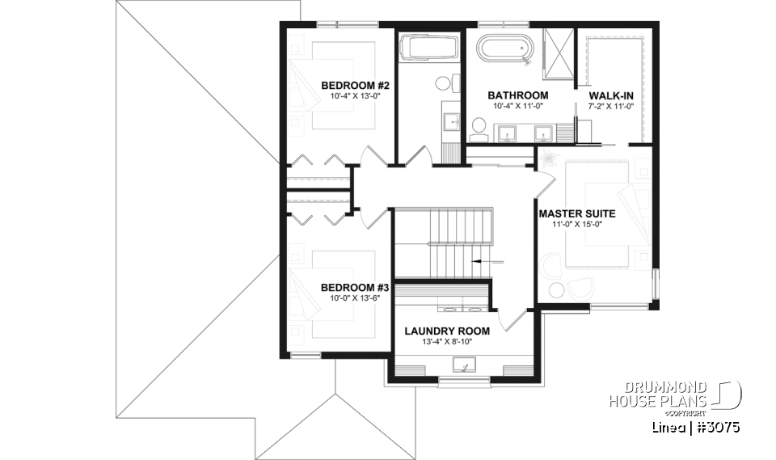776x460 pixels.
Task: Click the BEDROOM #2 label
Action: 356,86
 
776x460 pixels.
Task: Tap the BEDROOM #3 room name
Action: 356,287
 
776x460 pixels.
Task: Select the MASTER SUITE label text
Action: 577,214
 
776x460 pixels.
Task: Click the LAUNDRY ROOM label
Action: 447,331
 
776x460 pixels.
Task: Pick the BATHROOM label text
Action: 520,95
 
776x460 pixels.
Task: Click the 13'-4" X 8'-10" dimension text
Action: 447,342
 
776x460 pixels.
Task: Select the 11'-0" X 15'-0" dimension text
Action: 577,226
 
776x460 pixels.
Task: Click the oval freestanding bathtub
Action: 504,49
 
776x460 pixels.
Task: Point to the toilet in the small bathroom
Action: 443,82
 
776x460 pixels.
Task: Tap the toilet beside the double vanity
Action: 478,126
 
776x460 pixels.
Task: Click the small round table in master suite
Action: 557,291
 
